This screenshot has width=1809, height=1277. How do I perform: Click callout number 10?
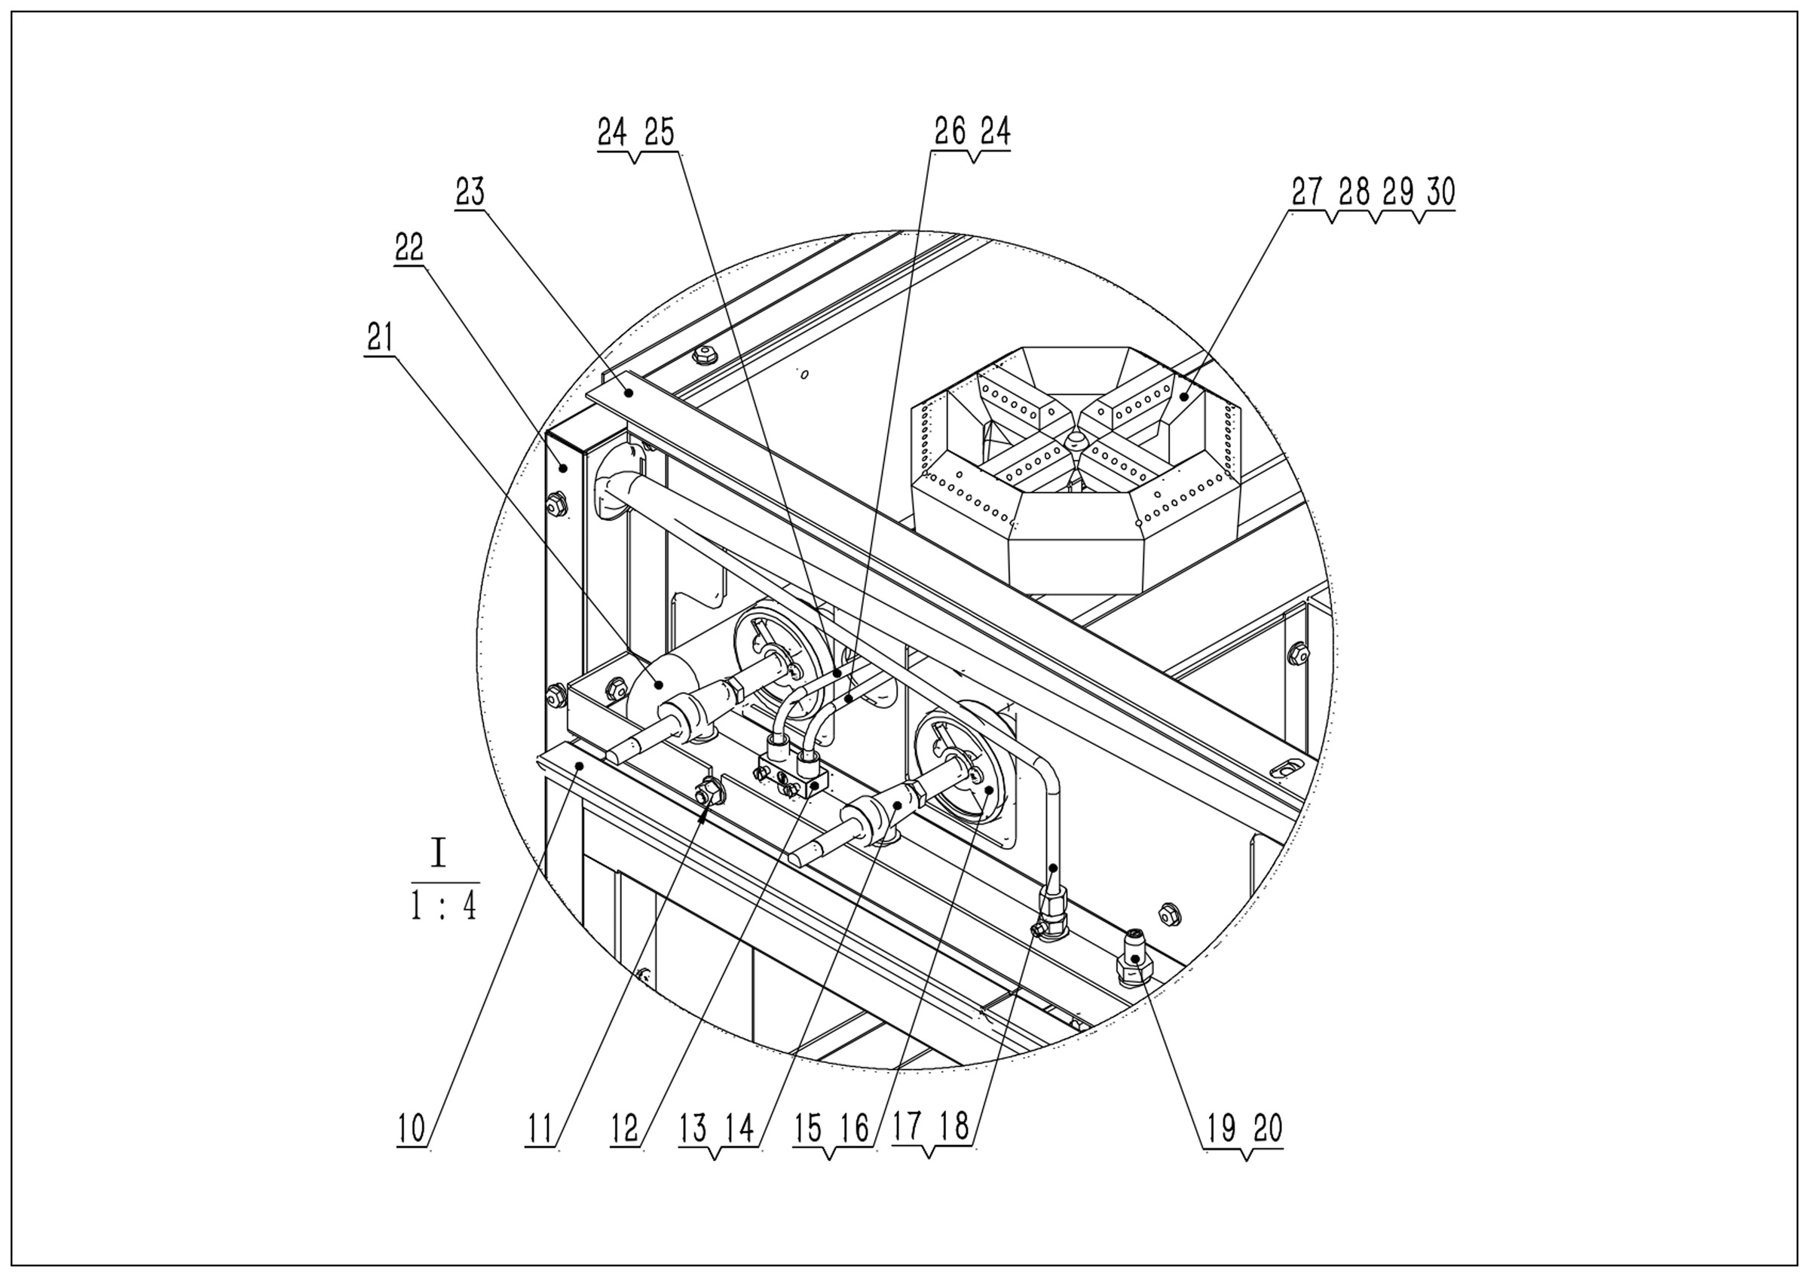(412, 1128)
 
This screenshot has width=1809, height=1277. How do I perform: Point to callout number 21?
(380, 338)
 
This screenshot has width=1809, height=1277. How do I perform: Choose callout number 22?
(409, 247)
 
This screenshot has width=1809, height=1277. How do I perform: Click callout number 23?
(470, 191)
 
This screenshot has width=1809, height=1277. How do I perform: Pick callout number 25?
(660, 133)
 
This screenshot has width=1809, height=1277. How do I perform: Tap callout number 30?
(1440, 191)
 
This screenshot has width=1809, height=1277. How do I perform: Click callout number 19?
(1221, 1128)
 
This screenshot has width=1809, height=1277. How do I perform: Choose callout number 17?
(908, 1126)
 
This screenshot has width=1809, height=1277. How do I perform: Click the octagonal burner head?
(1076, 465)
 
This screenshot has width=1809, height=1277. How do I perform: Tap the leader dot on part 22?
(563, 468)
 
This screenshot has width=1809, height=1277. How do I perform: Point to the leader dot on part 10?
(579, 764)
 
